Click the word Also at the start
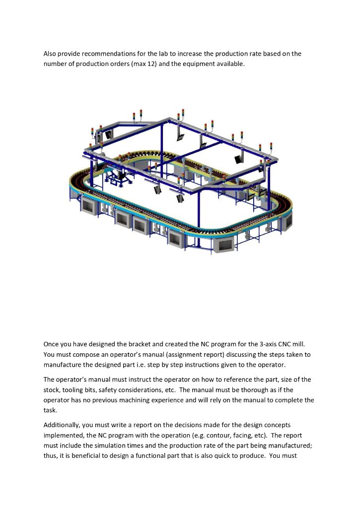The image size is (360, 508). pos(50,54)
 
